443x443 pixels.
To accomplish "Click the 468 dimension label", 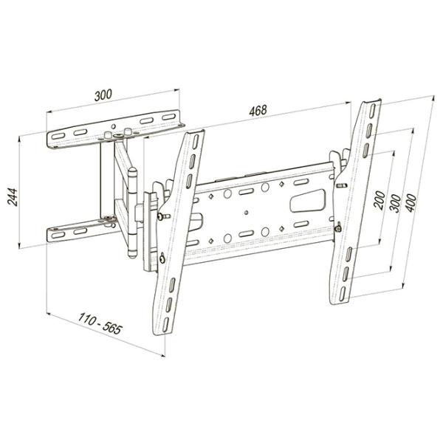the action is (258, 110).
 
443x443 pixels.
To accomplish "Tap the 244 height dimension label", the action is (13, 196).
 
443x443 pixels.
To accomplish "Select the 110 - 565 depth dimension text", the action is (100, 323).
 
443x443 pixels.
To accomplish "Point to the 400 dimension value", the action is (411, 202).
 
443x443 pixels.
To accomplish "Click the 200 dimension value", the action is (380, 200).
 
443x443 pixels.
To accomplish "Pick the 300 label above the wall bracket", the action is (103, 95).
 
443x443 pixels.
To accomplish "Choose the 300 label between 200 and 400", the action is (395, 204).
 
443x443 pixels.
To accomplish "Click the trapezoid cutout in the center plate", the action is (308, 201).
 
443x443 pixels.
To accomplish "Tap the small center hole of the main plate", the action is (246, 212).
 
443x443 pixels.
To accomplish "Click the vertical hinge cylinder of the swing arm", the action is (132, 212).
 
